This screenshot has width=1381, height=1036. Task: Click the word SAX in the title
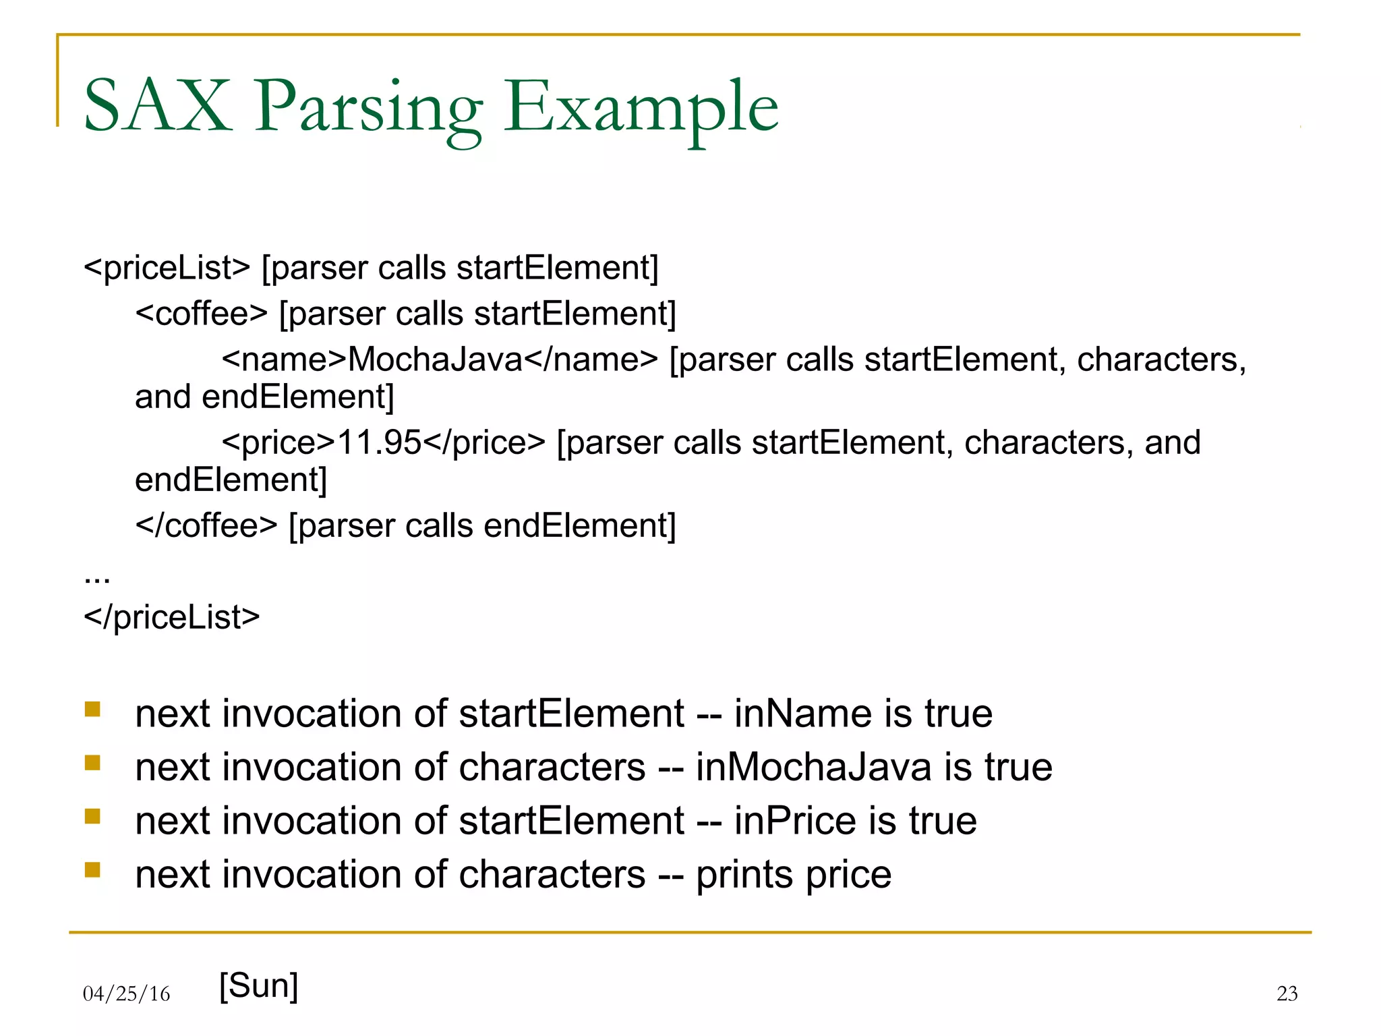tap(158, 107)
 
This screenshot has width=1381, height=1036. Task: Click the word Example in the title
tap(641, 108)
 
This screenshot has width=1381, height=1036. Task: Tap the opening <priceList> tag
tap(167, 268)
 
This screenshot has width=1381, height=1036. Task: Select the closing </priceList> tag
tap(171, 617)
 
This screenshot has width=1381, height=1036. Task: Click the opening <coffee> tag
tap(201, 314)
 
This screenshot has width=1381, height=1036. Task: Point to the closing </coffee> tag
tap(206, 525)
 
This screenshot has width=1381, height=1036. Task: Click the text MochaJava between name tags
tap(435, 359)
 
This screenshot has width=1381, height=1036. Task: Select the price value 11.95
tap(379, 443)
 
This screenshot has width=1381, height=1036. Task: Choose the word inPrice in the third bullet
tap(795, 822)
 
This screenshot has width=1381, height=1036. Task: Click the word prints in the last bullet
tap(744, 875)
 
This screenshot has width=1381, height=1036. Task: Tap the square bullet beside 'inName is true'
tap(92, 709)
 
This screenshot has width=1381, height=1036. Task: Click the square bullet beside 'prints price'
tap(92, 870)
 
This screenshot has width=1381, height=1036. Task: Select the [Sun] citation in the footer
tap(259, 985)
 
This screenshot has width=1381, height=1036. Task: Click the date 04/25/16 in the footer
tap(126, 994)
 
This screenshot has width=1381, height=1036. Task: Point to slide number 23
tap(1287, 994)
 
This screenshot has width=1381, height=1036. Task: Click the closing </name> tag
tap(591, 359)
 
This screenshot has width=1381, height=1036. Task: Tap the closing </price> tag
tap(483, 443)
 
